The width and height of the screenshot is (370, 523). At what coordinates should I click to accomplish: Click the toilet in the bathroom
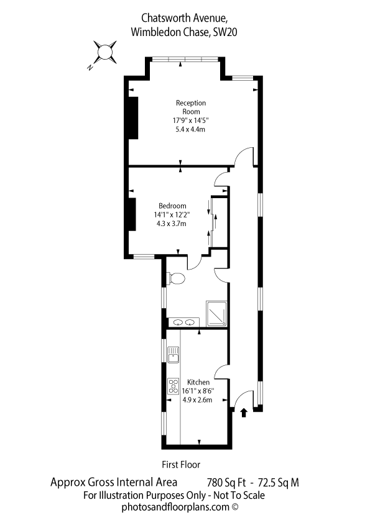(175, 278)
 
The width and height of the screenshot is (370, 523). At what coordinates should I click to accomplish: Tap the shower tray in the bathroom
(216, 314)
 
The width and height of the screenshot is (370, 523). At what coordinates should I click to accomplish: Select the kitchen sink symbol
(173, 355)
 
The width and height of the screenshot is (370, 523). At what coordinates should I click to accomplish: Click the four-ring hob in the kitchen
(173, 386)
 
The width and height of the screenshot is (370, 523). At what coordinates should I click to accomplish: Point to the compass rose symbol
(105, 52)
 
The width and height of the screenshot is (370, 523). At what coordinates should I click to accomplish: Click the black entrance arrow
(244, 412)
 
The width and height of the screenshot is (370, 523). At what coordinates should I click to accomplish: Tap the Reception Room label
(191, 107)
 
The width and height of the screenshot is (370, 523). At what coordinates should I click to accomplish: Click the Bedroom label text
(172, 206)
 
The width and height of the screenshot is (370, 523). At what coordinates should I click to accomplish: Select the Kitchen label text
(198, 382)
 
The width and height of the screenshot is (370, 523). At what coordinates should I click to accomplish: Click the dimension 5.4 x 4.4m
(190, 129)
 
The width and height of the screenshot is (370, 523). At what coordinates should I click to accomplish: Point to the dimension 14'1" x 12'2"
(172, 215)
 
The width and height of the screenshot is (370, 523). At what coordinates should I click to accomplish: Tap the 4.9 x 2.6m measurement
(197, 399)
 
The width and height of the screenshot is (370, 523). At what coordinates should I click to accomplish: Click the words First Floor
(181, 464)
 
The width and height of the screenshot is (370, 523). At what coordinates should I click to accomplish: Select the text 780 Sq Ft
(226, 483)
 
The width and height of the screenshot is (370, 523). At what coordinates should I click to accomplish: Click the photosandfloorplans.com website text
(175, 507)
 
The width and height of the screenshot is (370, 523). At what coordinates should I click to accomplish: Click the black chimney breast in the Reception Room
(134, 118)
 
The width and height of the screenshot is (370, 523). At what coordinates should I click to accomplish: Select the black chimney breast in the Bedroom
(132, 214)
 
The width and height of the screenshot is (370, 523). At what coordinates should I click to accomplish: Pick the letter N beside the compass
(90, 68)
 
